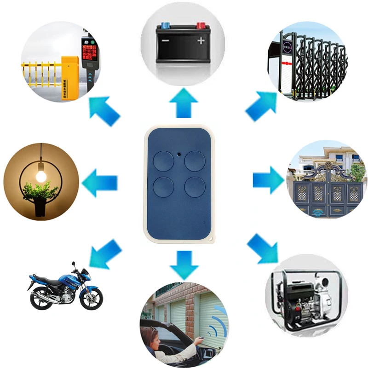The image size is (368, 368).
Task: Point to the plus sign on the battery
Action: (x=201, y=40)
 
